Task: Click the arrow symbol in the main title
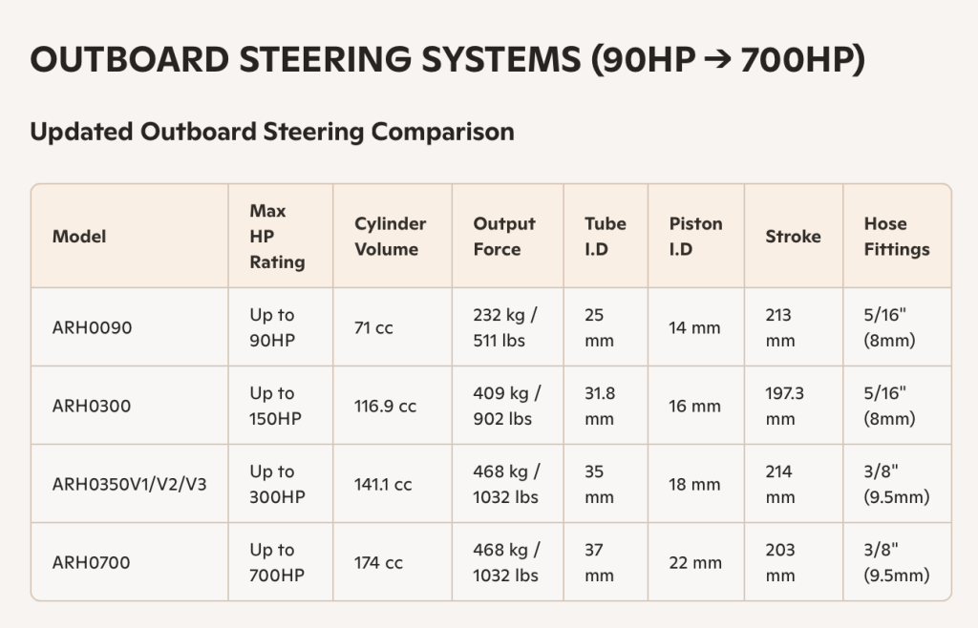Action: click(x=713, y=60)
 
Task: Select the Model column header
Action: click(x=79, y=236)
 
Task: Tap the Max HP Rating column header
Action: click(x=277, y=236)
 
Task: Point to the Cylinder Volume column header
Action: click(x=390, y=236)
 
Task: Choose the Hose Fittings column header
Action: click(x=896, y=236)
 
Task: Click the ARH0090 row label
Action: click(x=92, y=327)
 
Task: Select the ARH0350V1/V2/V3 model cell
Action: click(x=129, y=484)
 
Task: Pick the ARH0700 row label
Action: click(x=91, y=562)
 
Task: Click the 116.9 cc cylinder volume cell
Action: click(x=385, y=406)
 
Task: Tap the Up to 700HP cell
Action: click(x=276, y=562)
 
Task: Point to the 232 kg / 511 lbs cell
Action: click(x=506, y=327)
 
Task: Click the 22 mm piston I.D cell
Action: click(x=694, y=562)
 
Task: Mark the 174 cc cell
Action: click(x=378, y=562)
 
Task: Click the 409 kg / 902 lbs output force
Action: click(x=506, y=406)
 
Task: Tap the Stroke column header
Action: click(x=793, y=236)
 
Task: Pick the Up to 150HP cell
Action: click(x=276, y=406)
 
